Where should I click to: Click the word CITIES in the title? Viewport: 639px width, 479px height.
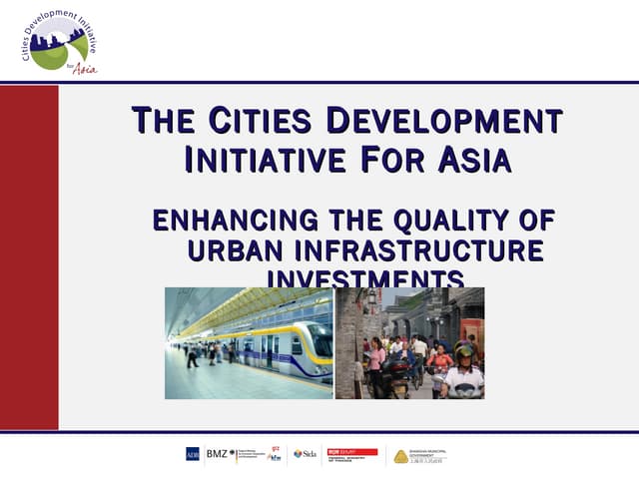(x=262, y=123)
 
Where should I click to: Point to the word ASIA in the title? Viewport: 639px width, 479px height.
(x=469, y=159)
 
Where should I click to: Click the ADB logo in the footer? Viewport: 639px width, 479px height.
(x=192, y=455)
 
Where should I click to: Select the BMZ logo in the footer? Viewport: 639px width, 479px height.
(x=217, y=455)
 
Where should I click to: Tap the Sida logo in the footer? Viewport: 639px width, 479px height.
(x=305, y=455)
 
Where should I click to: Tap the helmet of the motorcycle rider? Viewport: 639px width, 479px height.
(x=463, y=352)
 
